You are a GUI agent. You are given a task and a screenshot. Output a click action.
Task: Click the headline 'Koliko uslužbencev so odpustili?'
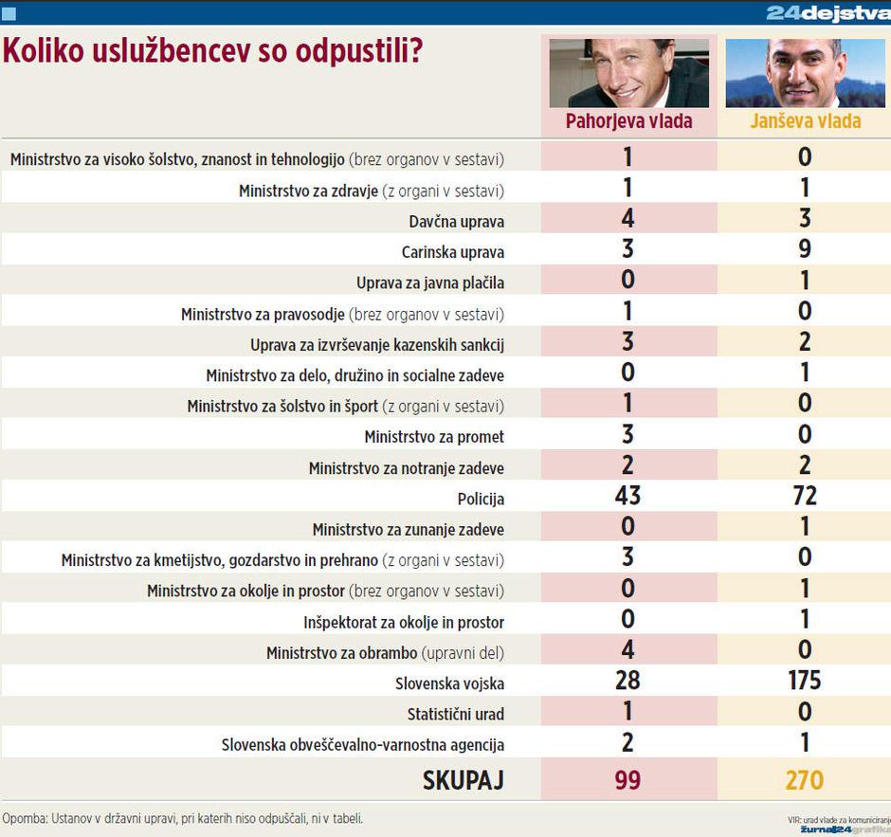pyautogui.click(x=212, y=52)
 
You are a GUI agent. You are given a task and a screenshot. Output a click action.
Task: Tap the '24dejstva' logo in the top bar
pyautogui.click(x=827, y=12)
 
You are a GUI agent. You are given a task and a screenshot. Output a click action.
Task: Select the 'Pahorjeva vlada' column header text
pyautogui.click(x=628, y=121)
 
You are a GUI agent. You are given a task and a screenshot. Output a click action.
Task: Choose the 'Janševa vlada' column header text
pyautogui.click(x=805, y=121)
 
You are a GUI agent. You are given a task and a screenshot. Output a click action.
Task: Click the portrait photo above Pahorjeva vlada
pyautogui.click(x=628, y=73)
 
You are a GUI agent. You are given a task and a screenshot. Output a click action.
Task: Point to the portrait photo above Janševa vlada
pyautogui.click(x=805, y=73)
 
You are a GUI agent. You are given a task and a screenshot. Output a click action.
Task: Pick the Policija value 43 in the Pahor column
pyautogui.click(x=627, y=496)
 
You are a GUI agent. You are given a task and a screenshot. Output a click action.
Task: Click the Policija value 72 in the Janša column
pyautogui.click(x=805, y=496)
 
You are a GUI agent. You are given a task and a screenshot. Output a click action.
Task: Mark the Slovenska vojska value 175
pyautogui.click(x=805, y=681)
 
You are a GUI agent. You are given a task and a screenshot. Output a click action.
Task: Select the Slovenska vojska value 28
pyautogui.click(x=627, y=681)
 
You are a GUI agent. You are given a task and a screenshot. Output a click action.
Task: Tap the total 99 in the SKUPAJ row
pyautogui.click(x=627, y=780)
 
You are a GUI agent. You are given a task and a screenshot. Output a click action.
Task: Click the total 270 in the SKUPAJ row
pyautogui.click(x=805, y=780)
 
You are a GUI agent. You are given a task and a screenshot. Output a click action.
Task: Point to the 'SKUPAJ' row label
pyautogui.click(x=463, y=781)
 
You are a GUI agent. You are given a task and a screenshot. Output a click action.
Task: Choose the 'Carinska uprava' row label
pyautogui.click(x=453, y=253)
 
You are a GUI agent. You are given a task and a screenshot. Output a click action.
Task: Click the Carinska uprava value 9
pyautogui.click(x=805, y=249)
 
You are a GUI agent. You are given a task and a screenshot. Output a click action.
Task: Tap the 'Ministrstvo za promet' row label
pyautogui.click(x=434, y=437)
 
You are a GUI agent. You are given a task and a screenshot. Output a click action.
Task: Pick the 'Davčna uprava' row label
pyautogui.click(x=457, y=222)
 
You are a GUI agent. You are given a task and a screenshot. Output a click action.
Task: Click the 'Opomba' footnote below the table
pyautogui.click(x=182, y=818)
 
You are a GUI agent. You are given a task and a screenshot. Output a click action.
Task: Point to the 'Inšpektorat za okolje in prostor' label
pyautogui.click(x=404, y=623)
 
